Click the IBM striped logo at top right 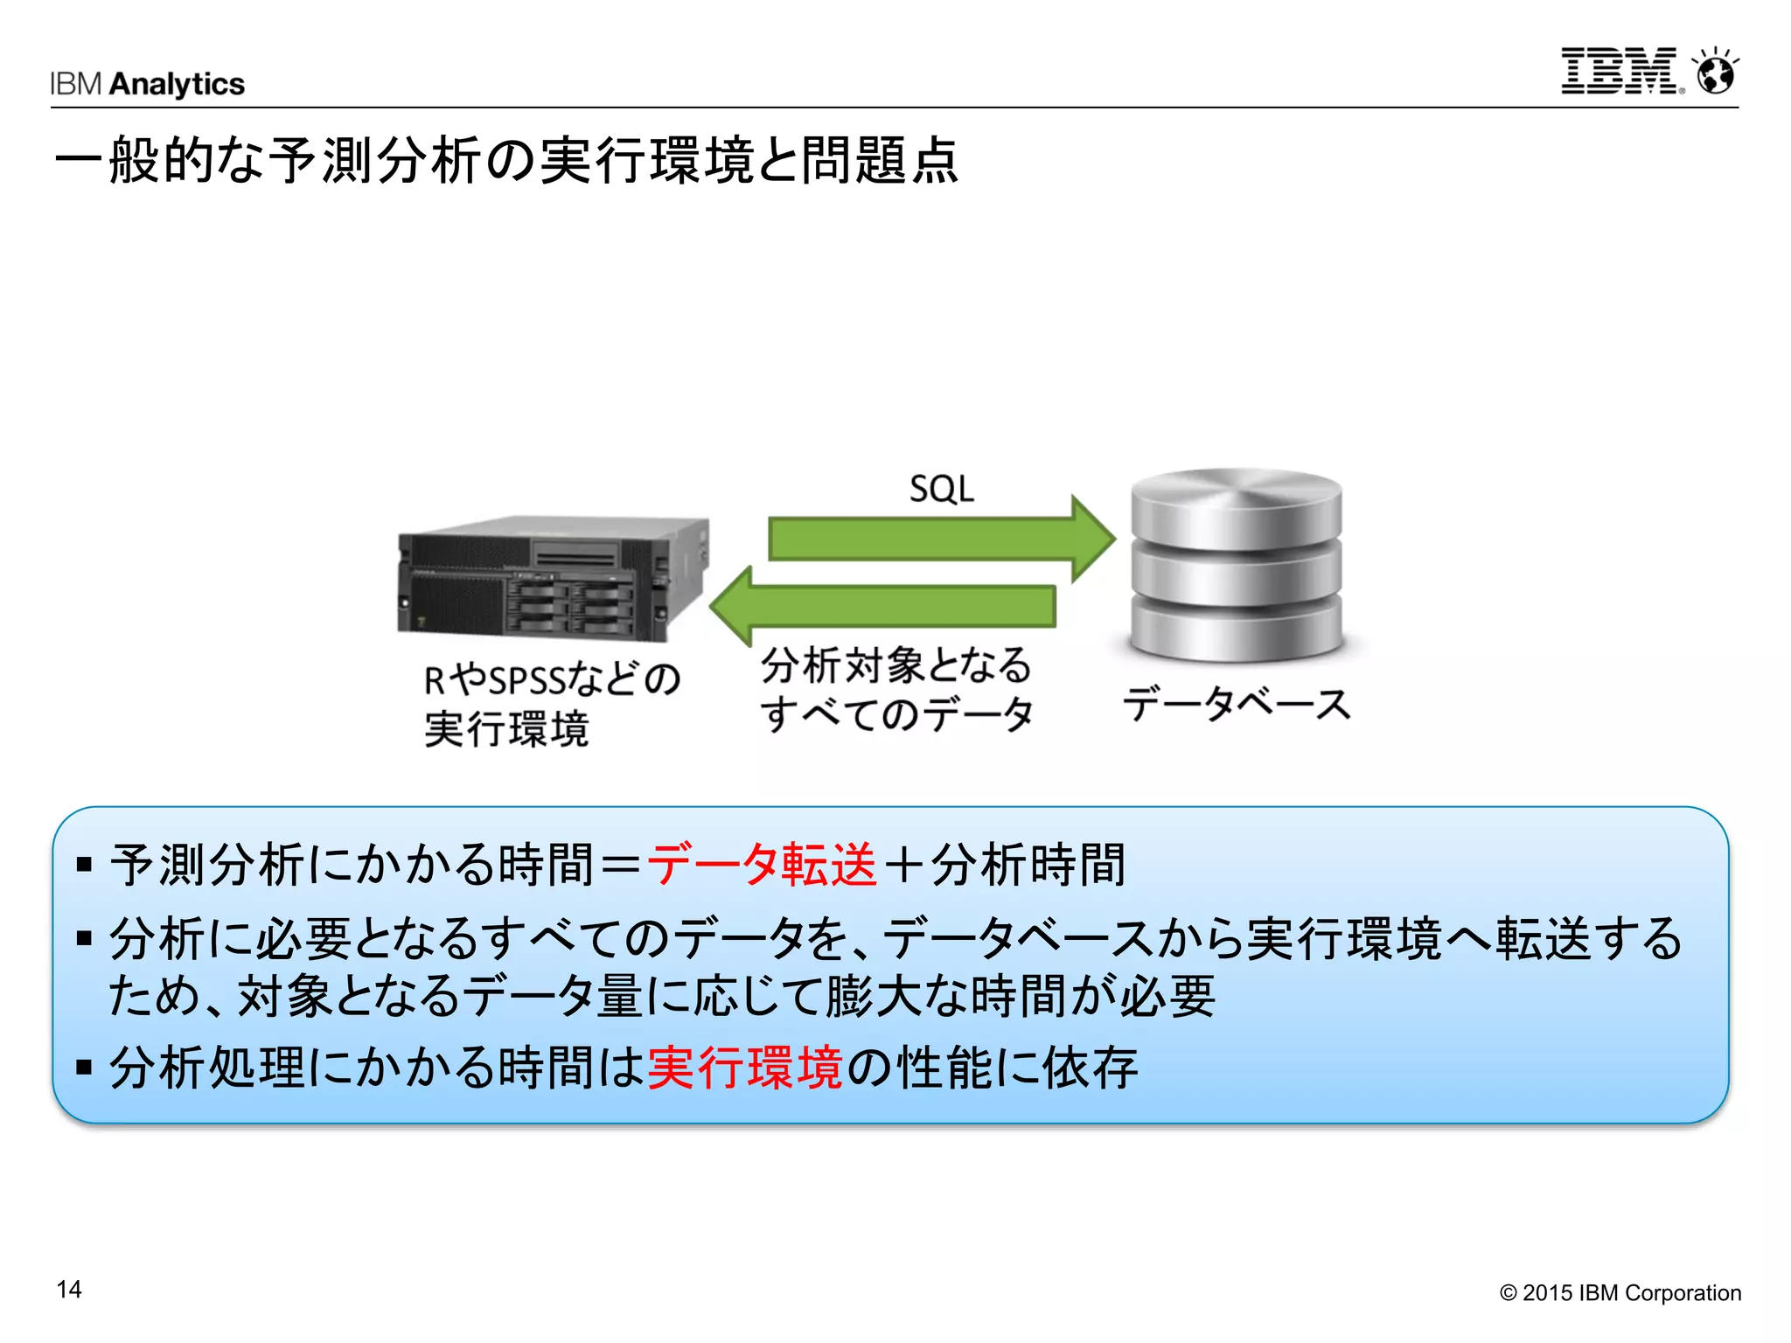(x=1620, y=71)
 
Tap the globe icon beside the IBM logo (x=1716, y=72)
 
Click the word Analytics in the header (x=178, y=84)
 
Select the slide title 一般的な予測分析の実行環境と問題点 (x=506, y=161)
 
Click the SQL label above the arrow (x=941, y=489)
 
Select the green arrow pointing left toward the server (x=883, y=606)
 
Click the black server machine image (x=553, y=578)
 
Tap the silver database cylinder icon (x=1236, y=566)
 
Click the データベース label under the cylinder (x=1237, y=704)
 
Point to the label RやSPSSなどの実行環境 (x=551, y=704)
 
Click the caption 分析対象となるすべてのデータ (x=896, y=689)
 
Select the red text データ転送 (x=762, y=865)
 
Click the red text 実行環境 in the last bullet (x=745, y=1068)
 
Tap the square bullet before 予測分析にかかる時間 (x=85, y=866)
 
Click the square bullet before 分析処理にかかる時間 (x=85, y=1068)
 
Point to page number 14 (x=69, y=1290)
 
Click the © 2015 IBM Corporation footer (x=1620, y=1293)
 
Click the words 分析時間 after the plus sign (x=1028, y=865)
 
